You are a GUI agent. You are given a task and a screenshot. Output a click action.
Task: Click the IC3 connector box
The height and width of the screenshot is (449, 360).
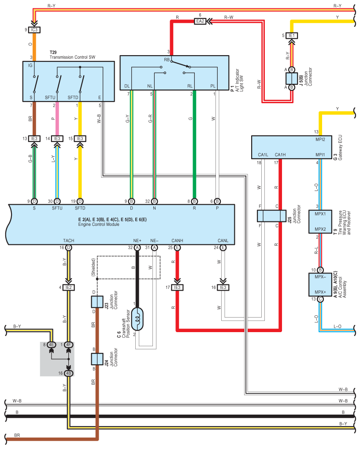tap(34, 30)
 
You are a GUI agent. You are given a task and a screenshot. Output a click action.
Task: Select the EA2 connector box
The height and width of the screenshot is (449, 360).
tap(200, 21)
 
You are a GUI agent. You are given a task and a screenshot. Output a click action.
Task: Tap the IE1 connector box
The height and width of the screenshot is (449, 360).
tap(292, 36)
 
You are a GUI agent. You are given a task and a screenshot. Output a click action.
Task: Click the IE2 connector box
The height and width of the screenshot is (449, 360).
tap(68, 288)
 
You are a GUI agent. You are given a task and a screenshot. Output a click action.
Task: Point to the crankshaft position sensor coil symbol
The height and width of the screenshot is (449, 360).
tap(137, 319)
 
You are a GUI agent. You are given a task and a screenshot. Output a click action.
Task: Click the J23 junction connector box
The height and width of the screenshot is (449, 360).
tap(97, 302)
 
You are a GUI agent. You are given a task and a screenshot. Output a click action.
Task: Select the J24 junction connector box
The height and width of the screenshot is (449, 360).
tap(97, 359)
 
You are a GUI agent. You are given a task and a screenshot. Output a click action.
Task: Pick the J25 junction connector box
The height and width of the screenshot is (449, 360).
tap(271, 216)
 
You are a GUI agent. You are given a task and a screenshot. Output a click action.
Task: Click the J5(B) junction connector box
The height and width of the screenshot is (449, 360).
tap(292, 79)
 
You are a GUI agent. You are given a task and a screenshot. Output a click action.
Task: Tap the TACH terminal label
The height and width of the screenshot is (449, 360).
tap(69, 240)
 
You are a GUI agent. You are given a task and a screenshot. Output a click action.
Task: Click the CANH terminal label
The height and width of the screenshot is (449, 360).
tap(178, 240)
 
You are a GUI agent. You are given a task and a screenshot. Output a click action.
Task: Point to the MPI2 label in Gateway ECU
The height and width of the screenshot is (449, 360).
tap(320, 139)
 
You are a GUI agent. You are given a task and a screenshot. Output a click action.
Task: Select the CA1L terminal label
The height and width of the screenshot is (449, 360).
tap(263, 155)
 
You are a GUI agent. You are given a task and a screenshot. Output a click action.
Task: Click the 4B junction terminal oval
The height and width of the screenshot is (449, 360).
tap(68, 374)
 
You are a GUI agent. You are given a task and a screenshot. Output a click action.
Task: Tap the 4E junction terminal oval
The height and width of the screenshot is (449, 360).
tap(51, 345)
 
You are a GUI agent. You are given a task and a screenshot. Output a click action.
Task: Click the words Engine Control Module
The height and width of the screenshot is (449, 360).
tap(99, 224)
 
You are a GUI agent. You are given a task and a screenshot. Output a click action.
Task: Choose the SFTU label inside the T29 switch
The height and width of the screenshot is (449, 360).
tap(50, 97)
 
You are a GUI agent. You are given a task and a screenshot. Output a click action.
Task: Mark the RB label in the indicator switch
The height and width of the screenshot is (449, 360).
tap(167, 60)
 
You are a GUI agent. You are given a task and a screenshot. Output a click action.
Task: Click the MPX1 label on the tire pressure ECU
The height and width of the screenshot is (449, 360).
tap(320, 214)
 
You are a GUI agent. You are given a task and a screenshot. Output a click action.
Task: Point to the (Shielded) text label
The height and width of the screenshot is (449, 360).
tap(93, 267)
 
